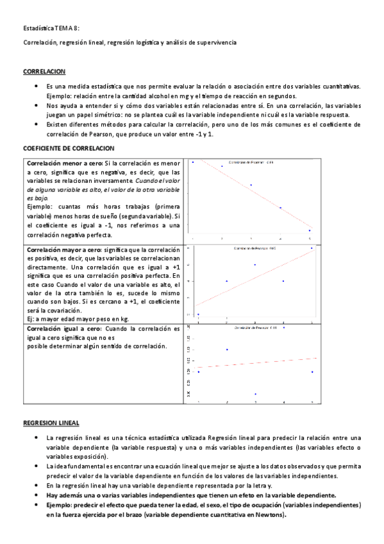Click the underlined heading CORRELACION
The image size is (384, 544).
[x=43, y=72]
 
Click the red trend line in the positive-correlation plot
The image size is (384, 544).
[x=256, y=277]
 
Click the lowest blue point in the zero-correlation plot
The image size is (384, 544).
[x=255, y=394]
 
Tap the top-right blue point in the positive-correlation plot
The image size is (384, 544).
[x=312, y=248]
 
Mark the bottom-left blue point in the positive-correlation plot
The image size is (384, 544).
[x=199, y=314]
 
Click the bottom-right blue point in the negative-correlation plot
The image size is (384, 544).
[x=310, y=230]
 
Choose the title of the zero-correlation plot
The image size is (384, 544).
[x=255, y=328]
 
